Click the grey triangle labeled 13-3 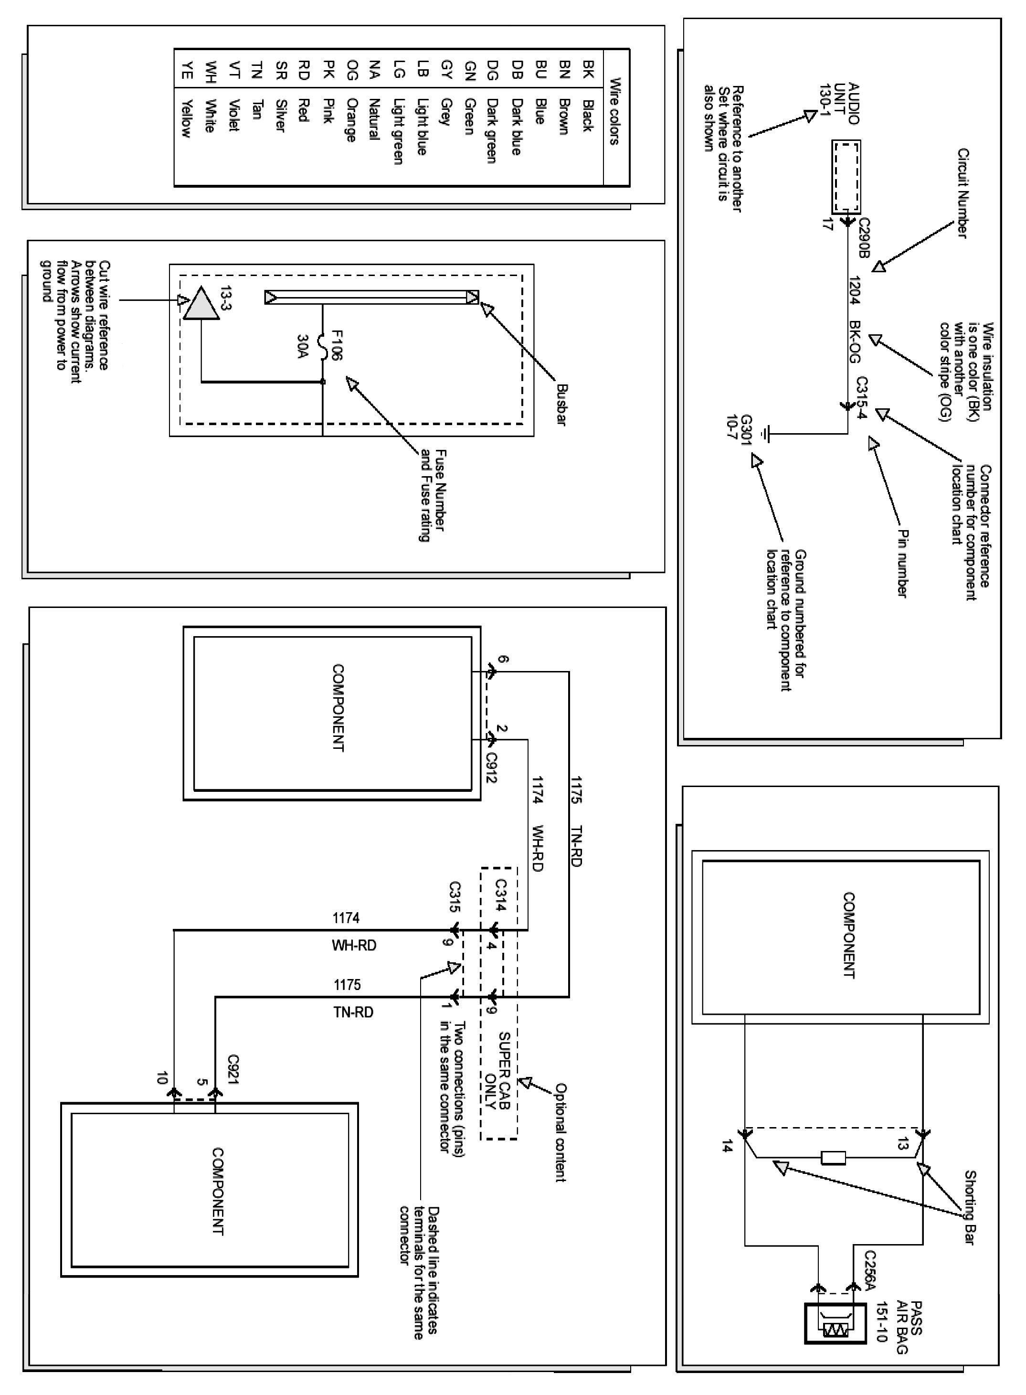201,304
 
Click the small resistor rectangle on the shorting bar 833,1157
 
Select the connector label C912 491,767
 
